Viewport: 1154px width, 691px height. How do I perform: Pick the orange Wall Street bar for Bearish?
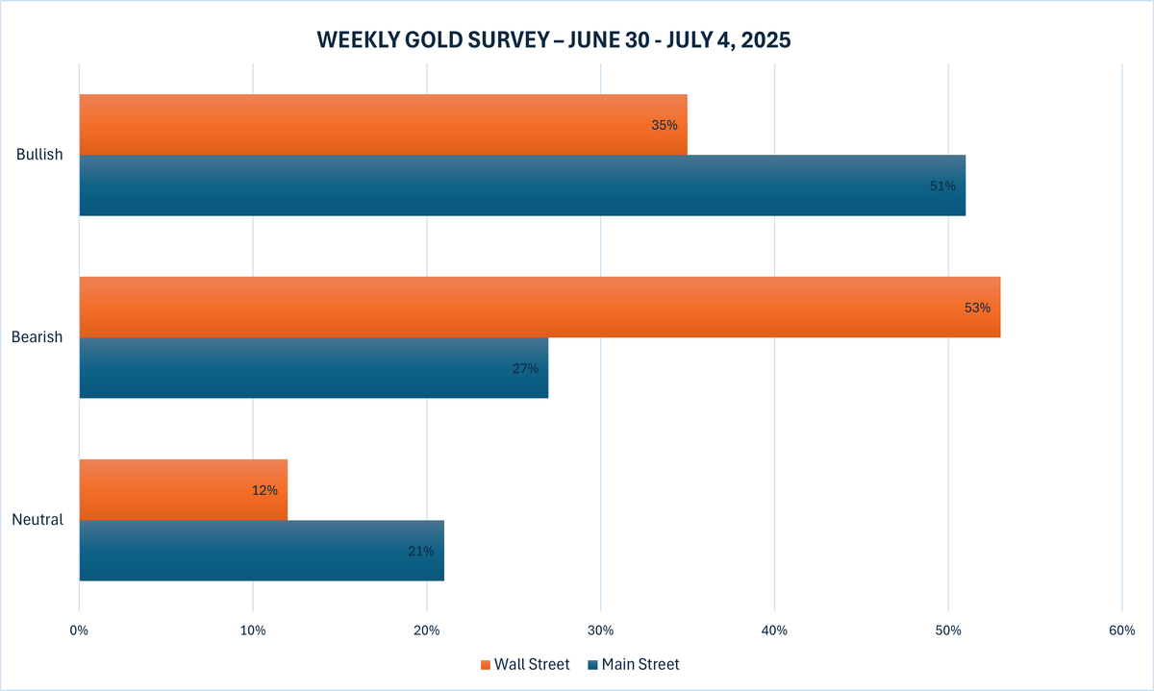tap(539, 308)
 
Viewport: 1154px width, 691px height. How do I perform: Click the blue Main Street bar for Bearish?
tap(314, 368)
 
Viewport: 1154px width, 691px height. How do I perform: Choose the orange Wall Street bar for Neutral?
tap(183, 490)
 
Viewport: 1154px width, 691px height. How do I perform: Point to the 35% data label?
tap(664, 125)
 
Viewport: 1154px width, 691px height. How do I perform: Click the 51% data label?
tap(942, 185)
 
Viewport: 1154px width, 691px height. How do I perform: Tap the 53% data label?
tap(976, 308)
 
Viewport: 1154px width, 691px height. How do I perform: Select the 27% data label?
tap(525, 368)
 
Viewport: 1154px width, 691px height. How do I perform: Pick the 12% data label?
tap(264, 490)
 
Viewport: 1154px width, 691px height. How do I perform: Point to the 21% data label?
tap(421, 551)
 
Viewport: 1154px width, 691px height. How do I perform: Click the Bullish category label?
tap(39, 155)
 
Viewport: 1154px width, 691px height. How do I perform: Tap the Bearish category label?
tap(38, 337)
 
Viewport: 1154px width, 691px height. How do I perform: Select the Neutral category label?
tap(38, 520)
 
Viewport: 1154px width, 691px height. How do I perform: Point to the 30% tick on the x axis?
tap(600, 630)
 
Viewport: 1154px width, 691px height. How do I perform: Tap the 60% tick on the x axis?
tap(1121, 630)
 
